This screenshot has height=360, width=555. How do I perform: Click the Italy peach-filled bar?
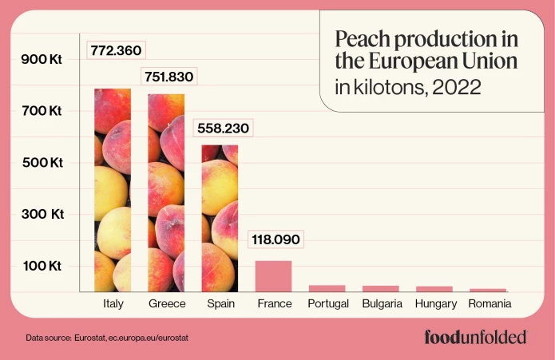(x=113, y=190)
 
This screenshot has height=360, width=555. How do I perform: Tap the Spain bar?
(x=220, y=218)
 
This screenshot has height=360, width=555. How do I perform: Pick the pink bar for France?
(x=273, y=276)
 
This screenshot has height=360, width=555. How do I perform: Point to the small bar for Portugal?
(x=327, y=288)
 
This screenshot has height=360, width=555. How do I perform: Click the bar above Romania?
(x=487, y=290)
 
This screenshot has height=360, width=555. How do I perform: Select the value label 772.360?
(x=116, y=50)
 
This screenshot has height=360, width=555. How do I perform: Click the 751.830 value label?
(x=168, y=77)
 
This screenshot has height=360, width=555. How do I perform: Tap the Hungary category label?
(x=436, y=304)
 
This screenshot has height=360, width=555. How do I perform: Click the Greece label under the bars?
(x=167, y=304)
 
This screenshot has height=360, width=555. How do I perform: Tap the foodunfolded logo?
(x=475, y=337)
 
